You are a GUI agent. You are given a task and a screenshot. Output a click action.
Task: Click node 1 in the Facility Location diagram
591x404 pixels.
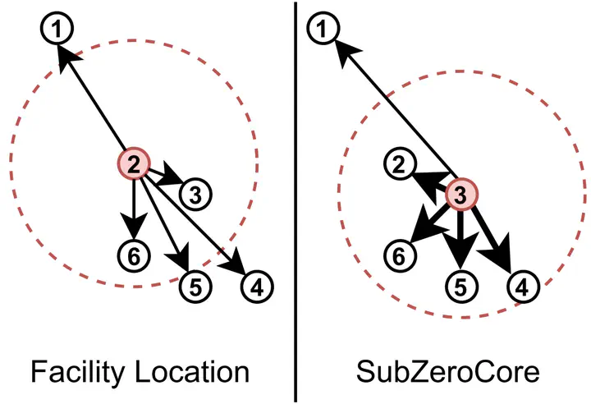(x=57, y=31)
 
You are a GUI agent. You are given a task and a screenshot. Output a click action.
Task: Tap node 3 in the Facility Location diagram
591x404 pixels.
(x=195, y=194)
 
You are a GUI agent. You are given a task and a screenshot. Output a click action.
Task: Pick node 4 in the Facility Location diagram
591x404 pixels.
(x=257, y=287)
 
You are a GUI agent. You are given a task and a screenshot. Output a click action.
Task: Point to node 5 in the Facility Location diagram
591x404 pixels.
(x=195, y=287)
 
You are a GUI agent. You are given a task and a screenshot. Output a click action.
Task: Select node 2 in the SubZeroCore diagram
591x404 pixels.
(x=400, y=166)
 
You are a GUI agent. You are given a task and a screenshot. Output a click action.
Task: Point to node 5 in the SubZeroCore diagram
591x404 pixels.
(x=460, y=287)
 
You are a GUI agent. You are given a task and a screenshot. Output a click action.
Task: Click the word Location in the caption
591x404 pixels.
(x=190, y=372)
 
